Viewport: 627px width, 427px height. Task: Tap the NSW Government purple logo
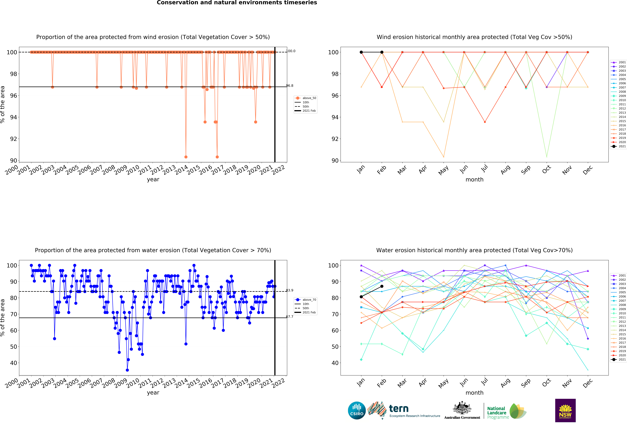pyautogui.click(x=565, y=410)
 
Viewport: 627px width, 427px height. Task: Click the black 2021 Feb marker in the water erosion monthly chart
pyautogui.click(x=382, y=286)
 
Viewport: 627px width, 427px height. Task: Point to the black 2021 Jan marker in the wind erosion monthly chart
pyautogui.click(x=361, y=52)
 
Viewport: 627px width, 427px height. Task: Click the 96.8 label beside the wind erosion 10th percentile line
pyautogui.click(x=290, y=86)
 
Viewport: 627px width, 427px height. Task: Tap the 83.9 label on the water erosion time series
pyautogui.click(x=290, y=290)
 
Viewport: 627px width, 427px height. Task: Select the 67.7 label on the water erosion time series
pyautogui.click(x=290, y=316)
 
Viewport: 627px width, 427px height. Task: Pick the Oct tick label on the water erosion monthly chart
pyautogui.click(x=546, y=383)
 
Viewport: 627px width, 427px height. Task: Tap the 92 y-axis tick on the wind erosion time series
pyautogui.click(x=14, y=139)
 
